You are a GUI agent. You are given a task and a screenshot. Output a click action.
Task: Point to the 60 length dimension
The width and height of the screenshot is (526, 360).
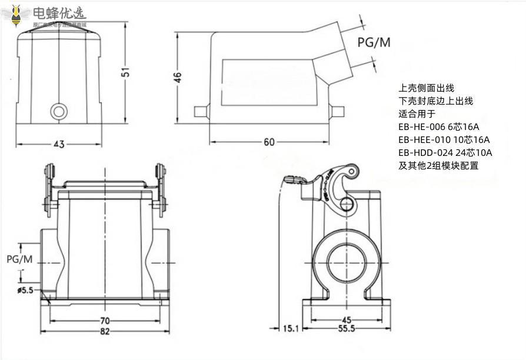(x=269, y=142)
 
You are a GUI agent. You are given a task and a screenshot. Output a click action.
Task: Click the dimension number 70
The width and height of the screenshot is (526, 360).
(x=105, y=321)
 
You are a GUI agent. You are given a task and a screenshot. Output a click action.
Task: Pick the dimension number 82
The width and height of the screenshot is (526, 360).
(x=105, y=332)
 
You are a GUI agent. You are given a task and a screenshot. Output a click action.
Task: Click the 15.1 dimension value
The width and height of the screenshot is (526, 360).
(x=291, y=329)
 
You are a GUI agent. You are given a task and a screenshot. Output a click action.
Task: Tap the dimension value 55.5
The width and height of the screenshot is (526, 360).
(x=346, y=329)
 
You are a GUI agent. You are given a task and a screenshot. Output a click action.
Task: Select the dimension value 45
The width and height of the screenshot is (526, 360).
(x=346, y=320)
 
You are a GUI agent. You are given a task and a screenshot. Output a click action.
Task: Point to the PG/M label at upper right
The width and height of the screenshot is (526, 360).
(x=374, y=42)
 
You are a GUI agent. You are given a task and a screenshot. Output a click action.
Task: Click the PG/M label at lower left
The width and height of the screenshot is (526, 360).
(x=19, y=259)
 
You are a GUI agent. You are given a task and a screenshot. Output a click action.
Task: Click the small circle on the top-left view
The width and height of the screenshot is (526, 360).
(x=59, y=111)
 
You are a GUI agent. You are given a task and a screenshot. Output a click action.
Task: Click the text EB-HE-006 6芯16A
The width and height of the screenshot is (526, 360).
(x=439, y=127)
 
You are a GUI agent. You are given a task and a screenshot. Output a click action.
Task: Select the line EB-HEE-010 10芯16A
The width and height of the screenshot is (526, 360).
(x=444, y=140)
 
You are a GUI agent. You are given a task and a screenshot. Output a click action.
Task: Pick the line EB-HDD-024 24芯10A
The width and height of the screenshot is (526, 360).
(x=445, y=153)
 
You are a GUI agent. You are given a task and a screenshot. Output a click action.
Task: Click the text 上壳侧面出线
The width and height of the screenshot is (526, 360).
(x=427, y=88)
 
